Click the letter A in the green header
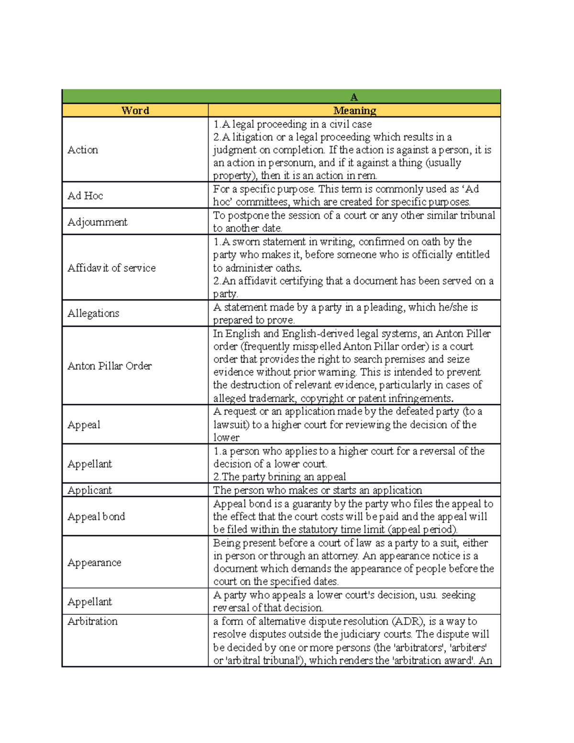coord(354,97)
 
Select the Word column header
coord(135,111)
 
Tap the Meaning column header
coord(354,111)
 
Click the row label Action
coord(83,150)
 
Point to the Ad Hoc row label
coord(85,196)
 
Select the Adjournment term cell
coord(97,222)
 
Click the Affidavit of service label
coord(111,268)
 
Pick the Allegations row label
coord(93,313)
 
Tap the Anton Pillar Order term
coord(110,366)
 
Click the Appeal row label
coord(84,425)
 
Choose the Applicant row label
coord(89,490)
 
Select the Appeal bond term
coord(96,517)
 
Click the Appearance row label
coord(94,563)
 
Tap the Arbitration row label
coord(92,621)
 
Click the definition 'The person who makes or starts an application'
coord(318,490)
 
